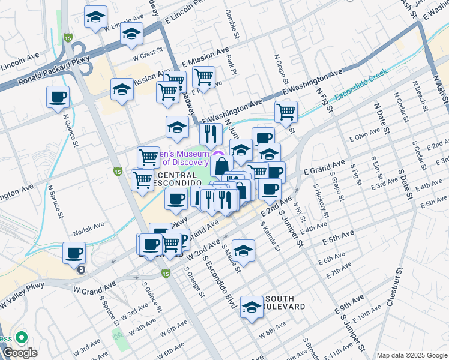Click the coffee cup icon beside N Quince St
pos(58,97)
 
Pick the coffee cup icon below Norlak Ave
pos(74,253)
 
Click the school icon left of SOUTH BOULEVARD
pos(252,307)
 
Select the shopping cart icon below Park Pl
pos(204,77)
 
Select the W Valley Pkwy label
pos(22,296)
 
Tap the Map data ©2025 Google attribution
pos(411,355)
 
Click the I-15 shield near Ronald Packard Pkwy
pos(69,38)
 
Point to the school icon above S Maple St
pos(243,250)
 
